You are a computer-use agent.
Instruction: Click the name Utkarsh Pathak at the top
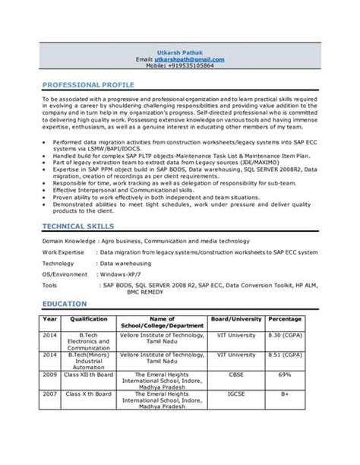tap(178, 51)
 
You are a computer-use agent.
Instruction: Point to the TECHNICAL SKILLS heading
tap(78, 226)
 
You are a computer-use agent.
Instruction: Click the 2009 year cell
tap(51, 375)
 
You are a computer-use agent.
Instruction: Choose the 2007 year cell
tap(51, 395)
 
